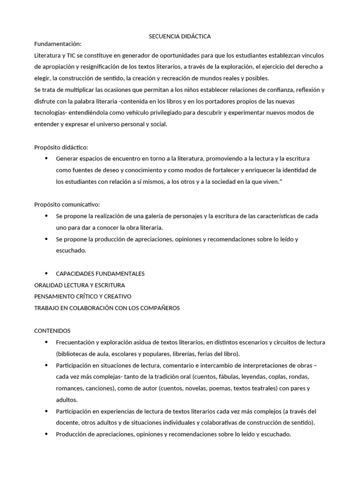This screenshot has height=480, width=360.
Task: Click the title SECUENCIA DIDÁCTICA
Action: (180, 36)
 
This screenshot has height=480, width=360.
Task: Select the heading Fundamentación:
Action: (58, 44)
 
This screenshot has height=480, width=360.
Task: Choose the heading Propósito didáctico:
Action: (61, 147)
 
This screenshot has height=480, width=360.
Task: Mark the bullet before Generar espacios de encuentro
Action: (46, 158)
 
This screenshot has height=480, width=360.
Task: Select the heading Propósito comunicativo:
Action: (67, 204)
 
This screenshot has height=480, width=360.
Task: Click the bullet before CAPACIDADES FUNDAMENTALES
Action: (46, 273)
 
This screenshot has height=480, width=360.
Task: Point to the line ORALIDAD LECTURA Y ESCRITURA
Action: (80, 285)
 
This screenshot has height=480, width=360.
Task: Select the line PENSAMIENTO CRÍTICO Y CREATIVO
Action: (83, 296)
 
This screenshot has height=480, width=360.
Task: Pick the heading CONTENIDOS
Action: (52, 330)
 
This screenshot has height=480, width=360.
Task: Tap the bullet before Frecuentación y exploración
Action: (46, 342)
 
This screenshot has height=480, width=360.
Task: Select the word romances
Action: (69, 388)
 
